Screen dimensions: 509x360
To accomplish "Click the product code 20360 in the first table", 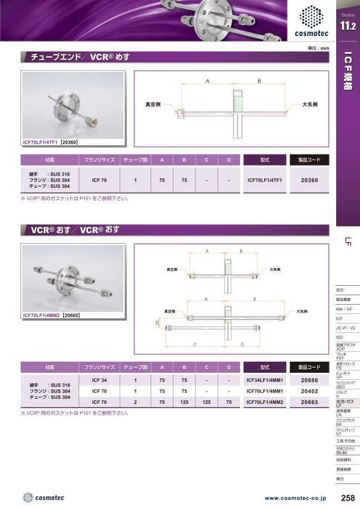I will [309, 180].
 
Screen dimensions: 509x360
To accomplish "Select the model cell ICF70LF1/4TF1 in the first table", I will [264, 180].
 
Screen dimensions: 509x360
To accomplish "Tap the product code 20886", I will [309, 381].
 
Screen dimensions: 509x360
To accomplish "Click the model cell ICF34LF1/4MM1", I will [264, 381].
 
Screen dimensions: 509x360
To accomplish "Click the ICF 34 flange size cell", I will [99, 381].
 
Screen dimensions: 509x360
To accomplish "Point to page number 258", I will [348, 498].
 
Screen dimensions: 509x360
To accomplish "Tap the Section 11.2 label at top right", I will [348, 22].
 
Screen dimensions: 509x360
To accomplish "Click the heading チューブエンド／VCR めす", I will [78, 57].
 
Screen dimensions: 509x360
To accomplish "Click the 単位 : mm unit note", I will [318, 48].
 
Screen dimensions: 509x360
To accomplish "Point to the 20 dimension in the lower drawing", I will [157, 322].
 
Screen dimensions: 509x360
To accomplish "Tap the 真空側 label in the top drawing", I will [152, 104].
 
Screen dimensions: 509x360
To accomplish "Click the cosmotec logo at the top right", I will [315, 21].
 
